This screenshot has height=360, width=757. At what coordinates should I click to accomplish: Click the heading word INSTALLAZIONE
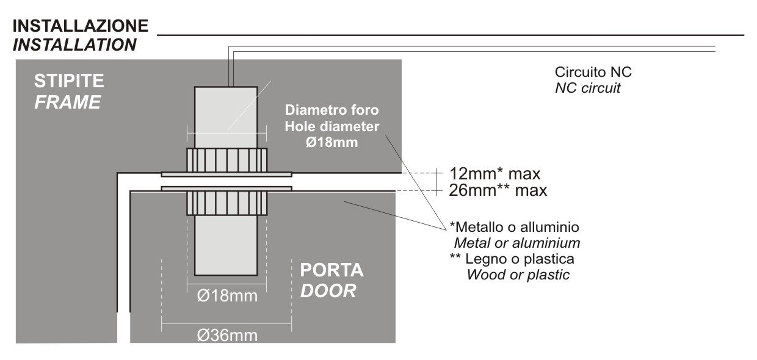(x=80, y=26)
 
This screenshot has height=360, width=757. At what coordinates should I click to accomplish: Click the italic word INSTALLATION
(x=74, y=45)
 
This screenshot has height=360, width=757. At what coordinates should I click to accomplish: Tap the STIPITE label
(x=69, y=81)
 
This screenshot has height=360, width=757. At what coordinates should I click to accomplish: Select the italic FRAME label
(x=67, y=102)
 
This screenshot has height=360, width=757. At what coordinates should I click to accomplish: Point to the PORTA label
(x=331, y=270)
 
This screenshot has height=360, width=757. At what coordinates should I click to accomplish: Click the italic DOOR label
(x=328, y=290)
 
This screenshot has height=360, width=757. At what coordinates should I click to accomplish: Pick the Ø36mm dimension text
(x=227, y=336)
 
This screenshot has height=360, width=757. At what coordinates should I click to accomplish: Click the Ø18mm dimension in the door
(x=227, y=297)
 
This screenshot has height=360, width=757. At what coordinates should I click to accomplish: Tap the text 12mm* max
(x=495, y=173)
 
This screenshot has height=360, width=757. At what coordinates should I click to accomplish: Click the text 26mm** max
(x=498, y=190)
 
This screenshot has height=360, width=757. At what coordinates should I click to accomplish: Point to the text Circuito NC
(x=593, y=72)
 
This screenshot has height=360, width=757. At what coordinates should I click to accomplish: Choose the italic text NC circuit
(x=587, y=88)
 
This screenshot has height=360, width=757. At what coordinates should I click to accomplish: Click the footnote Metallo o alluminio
(x=514, y=227)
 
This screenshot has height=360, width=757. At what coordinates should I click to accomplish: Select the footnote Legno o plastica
(x=512, y=259)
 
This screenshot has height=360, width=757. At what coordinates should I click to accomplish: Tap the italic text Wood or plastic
(x=518, y=275)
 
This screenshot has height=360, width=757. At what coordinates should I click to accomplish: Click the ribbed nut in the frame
(x=226, y=160)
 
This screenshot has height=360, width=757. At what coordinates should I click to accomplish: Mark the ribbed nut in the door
(x=226, y=203)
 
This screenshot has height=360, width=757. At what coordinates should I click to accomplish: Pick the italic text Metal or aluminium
(x=516, y=243)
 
